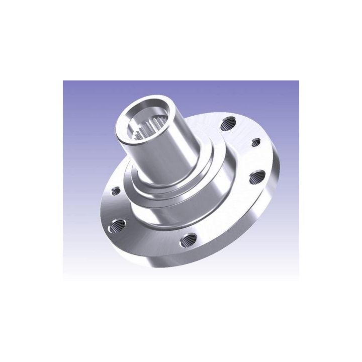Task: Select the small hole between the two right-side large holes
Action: (255, 142)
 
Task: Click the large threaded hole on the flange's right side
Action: (257, 176)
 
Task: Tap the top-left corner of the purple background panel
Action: (64, 81)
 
